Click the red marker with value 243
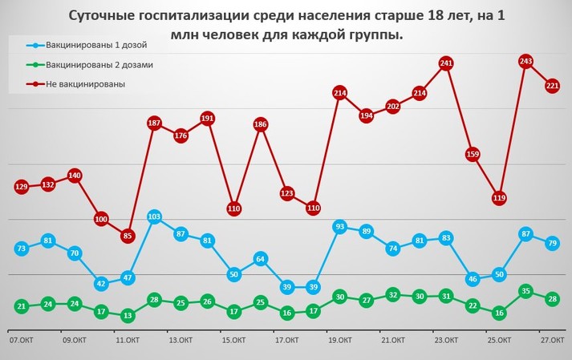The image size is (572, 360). (x=526, y=62)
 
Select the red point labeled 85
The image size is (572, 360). (x=128, y=237)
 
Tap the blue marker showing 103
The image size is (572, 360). (x=154, y=217)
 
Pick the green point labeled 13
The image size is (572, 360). (x=128, y=316)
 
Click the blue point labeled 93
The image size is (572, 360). (x=339, y=227)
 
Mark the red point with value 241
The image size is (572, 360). (x=446, y=63)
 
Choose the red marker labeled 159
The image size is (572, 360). (x=473, y=154)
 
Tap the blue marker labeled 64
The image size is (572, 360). (x=260, y=259)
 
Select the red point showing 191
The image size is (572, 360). (x=207, y=119)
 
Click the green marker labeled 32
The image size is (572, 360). (x=393, y=295)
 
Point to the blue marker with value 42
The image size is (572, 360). (x=101, y=283)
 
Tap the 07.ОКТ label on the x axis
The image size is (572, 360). (x=20, y=341)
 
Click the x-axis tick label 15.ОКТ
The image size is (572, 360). (x=233, y=341)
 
